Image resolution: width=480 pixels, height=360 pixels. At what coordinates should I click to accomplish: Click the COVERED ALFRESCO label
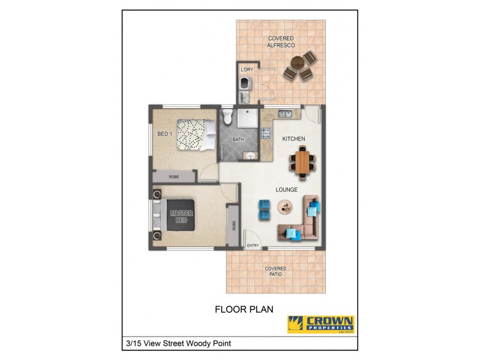pyautogui.click(x=280, y=41)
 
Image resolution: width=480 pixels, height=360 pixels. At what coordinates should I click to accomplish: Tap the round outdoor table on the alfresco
pyautogui.click(x=298, y=62)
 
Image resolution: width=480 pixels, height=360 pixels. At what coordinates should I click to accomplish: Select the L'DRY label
pyautogui.click(x=246, y=70)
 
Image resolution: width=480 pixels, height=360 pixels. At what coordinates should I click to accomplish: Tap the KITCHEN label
pyautogui.click(x=294, y=139)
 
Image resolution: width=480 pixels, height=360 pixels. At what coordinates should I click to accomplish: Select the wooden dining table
pyautogui.click(x=302, y=162)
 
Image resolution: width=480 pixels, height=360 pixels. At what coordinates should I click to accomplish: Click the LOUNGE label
pyautogui.click(x=287, y=190)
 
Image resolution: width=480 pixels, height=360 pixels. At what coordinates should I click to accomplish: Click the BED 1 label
pyautogui.click(x=165, y=134)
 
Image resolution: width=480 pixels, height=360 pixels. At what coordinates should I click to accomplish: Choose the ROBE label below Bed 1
pyautogui.click(x=173, y=177)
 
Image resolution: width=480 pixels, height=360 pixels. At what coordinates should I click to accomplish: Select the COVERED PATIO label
pyautogui.click(x=276, y=271)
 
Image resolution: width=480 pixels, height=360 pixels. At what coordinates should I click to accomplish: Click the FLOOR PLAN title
pyautogui.click(x=244, y=310)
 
